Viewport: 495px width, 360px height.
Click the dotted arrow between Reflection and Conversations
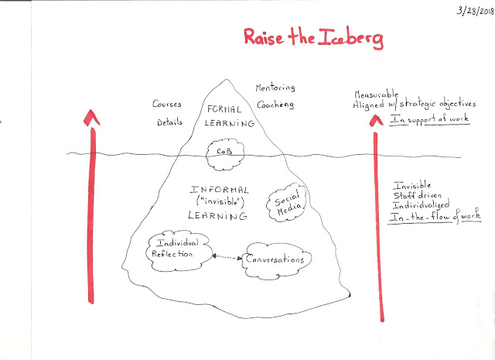(225, 256)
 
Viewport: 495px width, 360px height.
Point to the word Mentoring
(275, 87)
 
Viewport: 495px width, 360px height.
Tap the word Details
(172, 122)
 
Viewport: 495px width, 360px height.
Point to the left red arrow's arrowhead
(92, 117)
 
